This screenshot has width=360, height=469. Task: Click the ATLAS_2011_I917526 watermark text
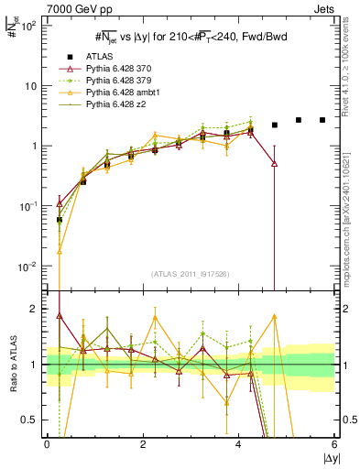(x=191, y=273)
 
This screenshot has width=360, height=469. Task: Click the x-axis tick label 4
(x=238, y=444)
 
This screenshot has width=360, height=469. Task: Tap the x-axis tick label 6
(x=334, y=444)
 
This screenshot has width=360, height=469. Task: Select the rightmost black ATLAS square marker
(x=322, y=120)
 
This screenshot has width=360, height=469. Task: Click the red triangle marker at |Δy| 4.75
(x=274, y=163)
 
